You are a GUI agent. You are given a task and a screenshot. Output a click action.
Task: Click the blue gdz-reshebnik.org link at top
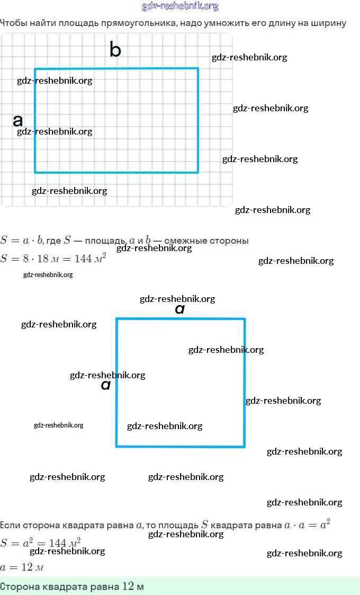[180, 6]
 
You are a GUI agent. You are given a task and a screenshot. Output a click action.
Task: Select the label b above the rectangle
[115, 50]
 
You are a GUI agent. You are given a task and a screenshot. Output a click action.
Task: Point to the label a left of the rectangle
[17, 120]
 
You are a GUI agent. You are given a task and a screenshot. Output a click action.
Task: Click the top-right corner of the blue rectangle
[198, 68]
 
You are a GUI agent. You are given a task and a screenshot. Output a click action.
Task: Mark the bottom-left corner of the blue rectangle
[35, 172]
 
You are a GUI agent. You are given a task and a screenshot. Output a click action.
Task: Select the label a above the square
[179, 308]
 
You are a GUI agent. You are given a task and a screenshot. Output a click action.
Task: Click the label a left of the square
[105, 385]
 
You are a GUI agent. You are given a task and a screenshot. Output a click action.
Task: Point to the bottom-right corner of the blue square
[244, 446]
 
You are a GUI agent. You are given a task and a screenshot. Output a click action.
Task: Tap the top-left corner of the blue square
[117, 319]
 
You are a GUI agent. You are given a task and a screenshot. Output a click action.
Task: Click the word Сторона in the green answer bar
[19, 587]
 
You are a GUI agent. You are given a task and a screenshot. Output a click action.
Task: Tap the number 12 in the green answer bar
[128, 587]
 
